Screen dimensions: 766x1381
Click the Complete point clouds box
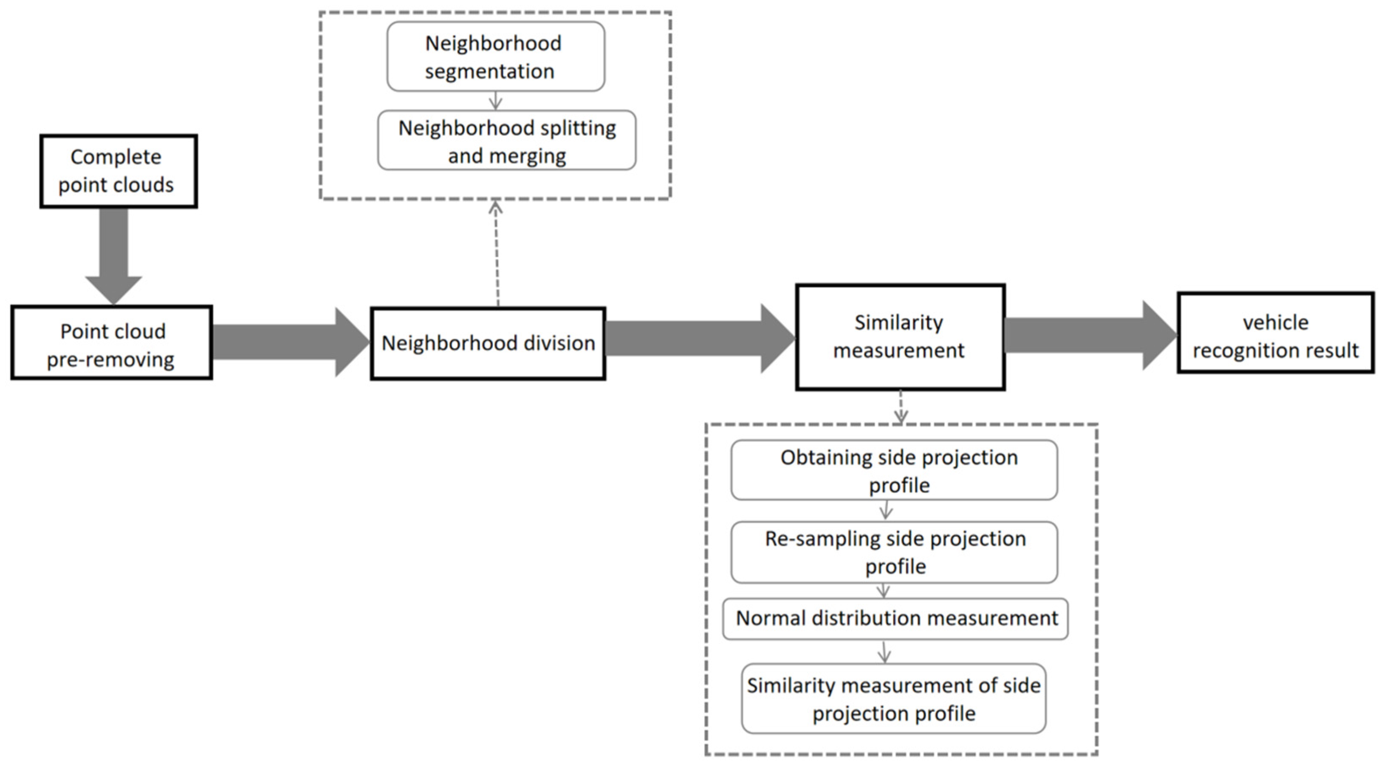tap(119, 171)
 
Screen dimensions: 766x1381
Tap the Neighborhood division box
tap(488, 344)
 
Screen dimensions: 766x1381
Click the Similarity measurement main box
tap(900, 336)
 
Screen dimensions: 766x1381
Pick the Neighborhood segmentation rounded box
tap(495, 56)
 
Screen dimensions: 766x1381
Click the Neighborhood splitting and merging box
tap(507, 141)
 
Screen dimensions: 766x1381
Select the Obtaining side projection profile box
tap(894, 470)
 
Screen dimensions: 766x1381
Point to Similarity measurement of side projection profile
tap(893, 698)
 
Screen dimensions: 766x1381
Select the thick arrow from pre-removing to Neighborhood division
tap(289, 342)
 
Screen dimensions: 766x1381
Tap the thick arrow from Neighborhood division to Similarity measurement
tap(697, 338)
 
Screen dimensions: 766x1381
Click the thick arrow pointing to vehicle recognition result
tap(1088, 336)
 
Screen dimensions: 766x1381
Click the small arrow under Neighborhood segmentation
tap(496, 100)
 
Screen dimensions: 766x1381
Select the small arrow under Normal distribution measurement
tap(884, 651)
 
